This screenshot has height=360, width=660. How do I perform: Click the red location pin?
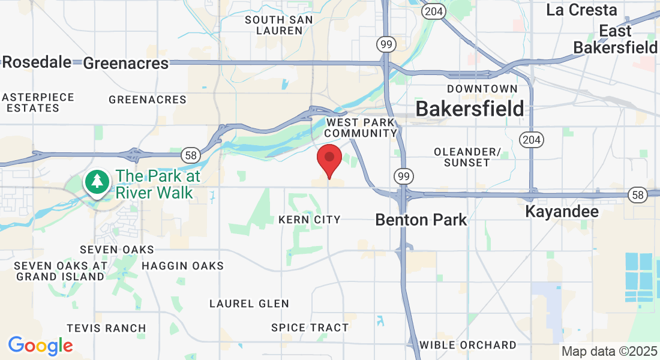click(x=329, y=159)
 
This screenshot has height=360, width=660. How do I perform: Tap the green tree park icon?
click(x=96, y=181)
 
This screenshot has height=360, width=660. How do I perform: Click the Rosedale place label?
click(x=37, y=62)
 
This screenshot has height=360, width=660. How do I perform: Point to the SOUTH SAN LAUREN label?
click(x=279, y=25)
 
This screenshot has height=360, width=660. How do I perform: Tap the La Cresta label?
click(x=581, y=10)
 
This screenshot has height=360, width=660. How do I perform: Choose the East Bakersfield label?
click(x=615, y=40)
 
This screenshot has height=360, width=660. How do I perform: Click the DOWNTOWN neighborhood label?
click(x=482, y=89)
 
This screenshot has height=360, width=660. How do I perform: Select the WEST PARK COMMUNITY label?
click(x=362, y=128)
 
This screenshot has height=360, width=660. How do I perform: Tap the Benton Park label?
click(x=421, y=220)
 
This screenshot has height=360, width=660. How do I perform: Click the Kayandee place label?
click(x=562, y=212)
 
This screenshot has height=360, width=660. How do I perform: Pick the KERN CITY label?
click(x=310, y=220)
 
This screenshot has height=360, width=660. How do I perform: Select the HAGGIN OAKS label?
click(x=182, y=266)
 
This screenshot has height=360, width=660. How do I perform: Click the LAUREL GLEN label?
click(x=249, y=304)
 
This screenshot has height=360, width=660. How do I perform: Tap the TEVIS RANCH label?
click(x=106, y=328)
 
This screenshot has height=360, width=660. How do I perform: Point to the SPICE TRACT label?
click(x=310, y=328)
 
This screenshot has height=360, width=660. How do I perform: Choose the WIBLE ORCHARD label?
click(x=467, y=345)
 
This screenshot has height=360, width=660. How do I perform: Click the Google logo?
click(x=40, y=346)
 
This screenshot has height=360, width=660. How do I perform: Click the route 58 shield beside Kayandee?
click(x=637, y=194)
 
